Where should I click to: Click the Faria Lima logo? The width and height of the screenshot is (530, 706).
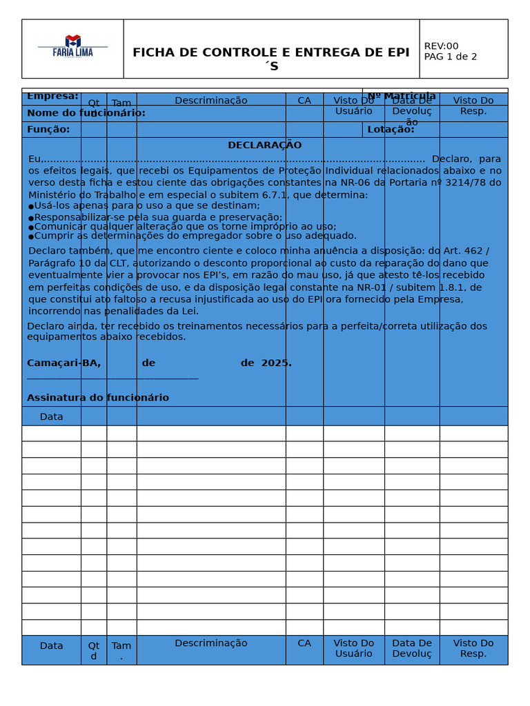72,46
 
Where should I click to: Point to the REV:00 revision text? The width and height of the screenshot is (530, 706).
441,46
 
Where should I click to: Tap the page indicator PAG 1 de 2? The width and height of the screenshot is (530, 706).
450,57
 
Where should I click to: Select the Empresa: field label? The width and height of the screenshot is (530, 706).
52,97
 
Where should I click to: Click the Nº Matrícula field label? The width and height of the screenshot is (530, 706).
401,96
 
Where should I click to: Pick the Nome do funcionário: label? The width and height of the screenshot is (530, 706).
86,113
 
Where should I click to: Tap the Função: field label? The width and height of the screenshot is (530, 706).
48,130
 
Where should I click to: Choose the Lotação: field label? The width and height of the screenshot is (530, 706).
391,130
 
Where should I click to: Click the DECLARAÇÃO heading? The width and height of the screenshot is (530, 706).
264,145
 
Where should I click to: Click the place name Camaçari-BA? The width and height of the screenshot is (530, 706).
63,363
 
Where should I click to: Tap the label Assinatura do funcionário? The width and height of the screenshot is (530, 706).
97,398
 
